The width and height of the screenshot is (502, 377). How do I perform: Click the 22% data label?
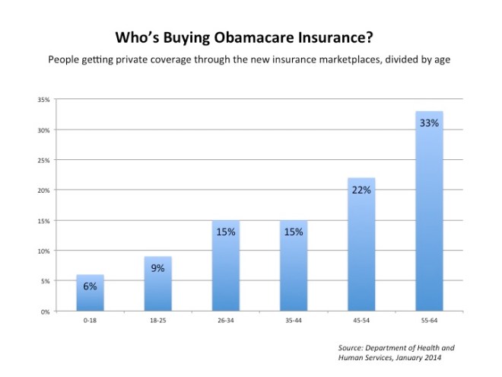[361, 190]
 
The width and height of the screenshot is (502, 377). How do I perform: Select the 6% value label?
[90, 286]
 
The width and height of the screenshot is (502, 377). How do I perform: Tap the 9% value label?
[157, 268]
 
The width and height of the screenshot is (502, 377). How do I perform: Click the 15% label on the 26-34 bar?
[225, 232]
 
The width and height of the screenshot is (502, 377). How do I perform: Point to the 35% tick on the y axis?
[44, 100]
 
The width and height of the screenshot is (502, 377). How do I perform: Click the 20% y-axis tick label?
[44, 190]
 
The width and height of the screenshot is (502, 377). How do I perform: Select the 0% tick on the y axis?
[46, 312]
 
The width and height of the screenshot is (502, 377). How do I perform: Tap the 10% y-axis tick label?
[44, 251]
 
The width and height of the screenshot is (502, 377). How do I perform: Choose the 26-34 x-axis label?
[225, 322]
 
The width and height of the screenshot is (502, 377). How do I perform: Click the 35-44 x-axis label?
[293, 322]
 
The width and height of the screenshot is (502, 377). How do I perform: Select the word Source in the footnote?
[352, 348]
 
